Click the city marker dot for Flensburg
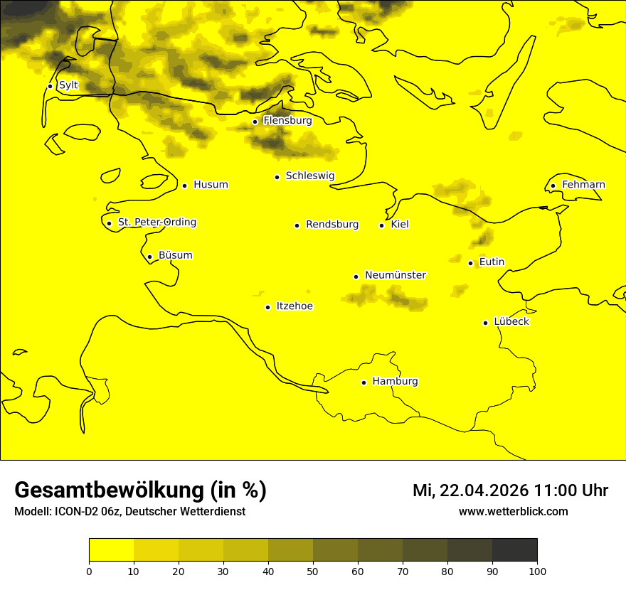pyautogui.click(x=255, y=122)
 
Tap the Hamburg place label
pyautogui.click(x=395, y=382)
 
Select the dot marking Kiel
pyautogui.click(x=382, y=225)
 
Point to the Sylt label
pyautogui.click(x=68, y=85)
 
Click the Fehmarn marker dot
pyautogui.click(x=553, y=186)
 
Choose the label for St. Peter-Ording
pyautogui.click(x=157, y=222)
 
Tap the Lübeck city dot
pyautogui.click(x=486, y=322)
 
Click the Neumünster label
pyautogui.click(x=396, y=275)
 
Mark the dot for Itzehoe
pyautogui.click(x=267, y=307)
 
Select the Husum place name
pyautogui.click(x=211, y=185)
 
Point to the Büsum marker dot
pyautogui.click(x=149, y=257)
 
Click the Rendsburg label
pyautogui.click(x=332, y=225)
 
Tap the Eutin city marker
pyautogui.click(x=471, y=263)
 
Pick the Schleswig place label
pyautogui.click(x=309, y=176)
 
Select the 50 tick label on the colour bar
pyautogui.click(x=313, y=571)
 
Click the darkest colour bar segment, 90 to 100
pyautogui.click(x=514, y=550)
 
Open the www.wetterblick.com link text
pyautogui.click(x=513, y=512)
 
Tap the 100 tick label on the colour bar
pyautogui.click(x=537, y=571)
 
